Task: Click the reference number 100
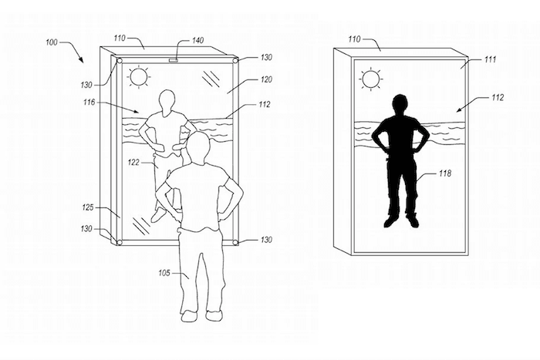[52, 42]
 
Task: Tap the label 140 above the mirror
[197, 41]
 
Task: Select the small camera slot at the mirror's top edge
[174, 61]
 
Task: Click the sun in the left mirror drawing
[138, 77]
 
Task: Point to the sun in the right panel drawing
[371, 79]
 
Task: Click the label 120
[267, 79]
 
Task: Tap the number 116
[89, 103]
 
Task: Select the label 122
[133, 162]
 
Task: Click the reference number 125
[88, 207]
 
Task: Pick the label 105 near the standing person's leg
[164, 273]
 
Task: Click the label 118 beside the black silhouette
[445, 173]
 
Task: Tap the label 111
[490, 59]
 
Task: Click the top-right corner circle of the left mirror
[235, 61]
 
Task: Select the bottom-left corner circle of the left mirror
[119, 242]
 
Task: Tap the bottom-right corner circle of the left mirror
[235, 243]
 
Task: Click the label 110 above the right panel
[354, 39]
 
